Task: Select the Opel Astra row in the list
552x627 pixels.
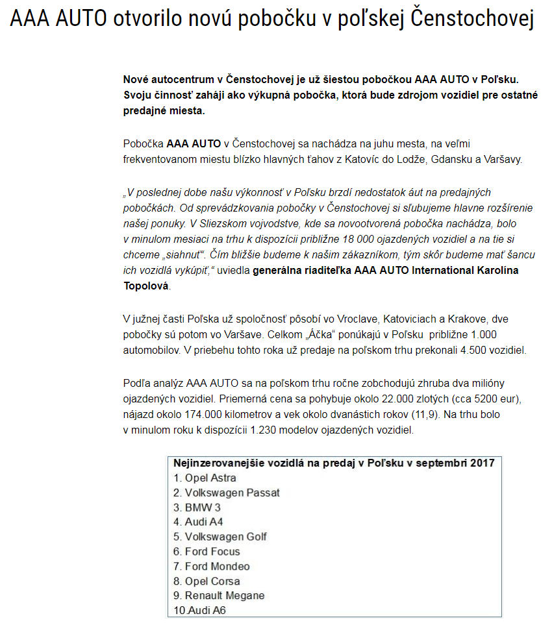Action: [x=205, y=478]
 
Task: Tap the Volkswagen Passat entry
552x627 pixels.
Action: [x=227, y=493]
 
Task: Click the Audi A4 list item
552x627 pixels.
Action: [x=199, y=522]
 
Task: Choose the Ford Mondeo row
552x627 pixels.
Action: [x=212, y=566]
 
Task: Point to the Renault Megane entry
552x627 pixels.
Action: [x=220, y=595]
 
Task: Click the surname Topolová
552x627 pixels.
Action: [x=145, y=286]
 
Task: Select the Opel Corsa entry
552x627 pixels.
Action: [x=207, y=581]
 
